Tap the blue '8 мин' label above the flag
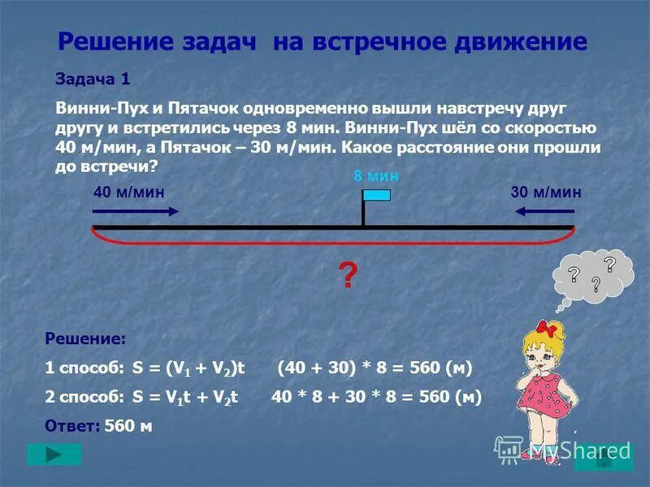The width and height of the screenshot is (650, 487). pyautogui.click(x=376, y=175)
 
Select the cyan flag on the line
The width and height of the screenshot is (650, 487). pyautogui.click(x=376, y=195)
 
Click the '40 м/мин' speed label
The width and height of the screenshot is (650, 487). pyautogui.click(x=129, y=192)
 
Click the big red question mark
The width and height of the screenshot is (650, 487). pyautogui.click(x=347, y=277)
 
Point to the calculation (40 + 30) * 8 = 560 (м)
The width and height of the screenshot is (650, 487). pyautogui.click(x=374, y=368)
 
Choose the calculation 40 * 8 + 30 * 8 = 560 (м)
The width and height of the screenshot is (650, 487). pyautogui.click(x=376, y=397)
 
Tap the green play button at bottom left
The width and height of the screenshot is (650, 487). pyautogui.click(x=54, y=454)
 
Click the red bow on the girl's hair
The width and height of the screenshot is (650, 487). pyautogui.click(x=554, y=329)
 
